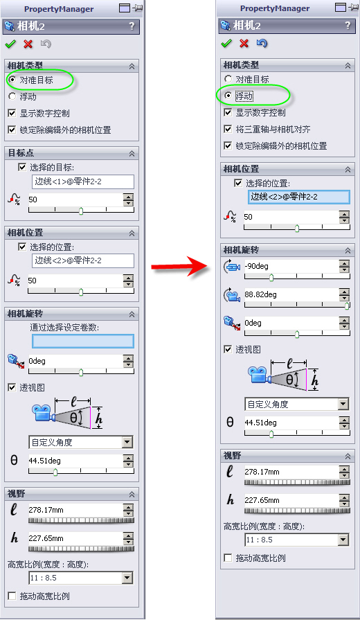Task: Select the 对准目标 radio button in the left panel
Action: coord(12,80)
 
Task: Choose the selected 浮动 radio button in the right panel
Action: coord(228,96)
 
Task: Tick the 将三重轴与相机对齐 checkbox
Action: coord(228,129)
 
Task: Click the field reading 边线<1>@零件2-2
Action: coord(82,181)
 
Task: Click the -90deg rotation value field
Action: coord(291,266)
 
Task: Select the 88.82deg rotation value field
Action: coord(291,294)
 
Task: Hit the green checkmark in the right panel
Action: coord(226,43)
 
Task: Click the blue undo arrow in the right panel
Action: coord(262,43)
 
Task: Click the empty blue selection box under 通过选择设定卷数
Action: coord(83,341)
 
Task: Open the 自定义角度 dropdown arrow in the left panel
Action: coord(127,442)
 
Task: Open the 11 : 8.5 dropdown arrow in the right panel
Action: coord(343,540)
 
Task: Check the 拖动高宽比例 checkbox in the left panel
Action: coord(12,596)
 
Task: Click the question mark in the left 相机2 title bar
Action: coord(132,26)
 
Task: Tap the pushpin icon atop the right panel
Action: coord(353,7)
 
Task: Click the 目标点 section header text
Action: coord(21,152)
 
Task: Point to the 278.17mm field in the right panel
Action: coord(291,472)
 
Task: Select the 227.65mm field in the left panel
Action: coord(75,538)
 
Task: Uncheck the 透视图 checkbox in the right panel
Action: coord(228,349)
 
